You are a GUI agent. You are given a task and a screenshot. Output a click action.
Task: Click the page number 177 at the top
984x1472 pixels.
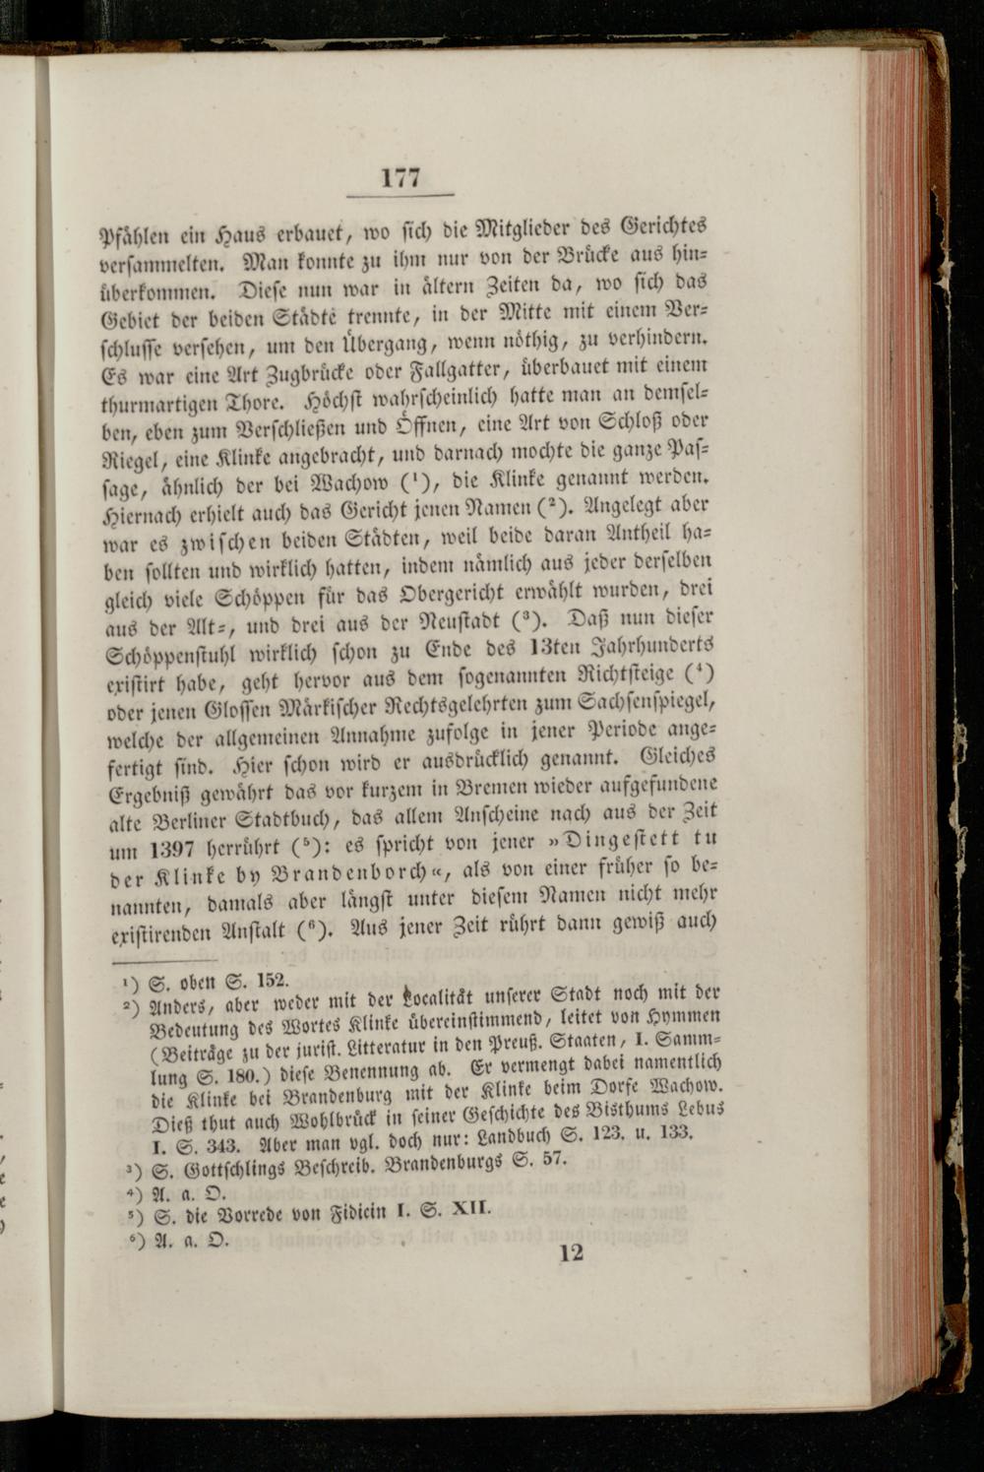(400, 177)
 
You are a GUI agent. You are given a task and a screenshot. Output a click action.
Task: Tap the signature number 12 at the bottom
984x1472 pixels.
(571, 1252)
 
